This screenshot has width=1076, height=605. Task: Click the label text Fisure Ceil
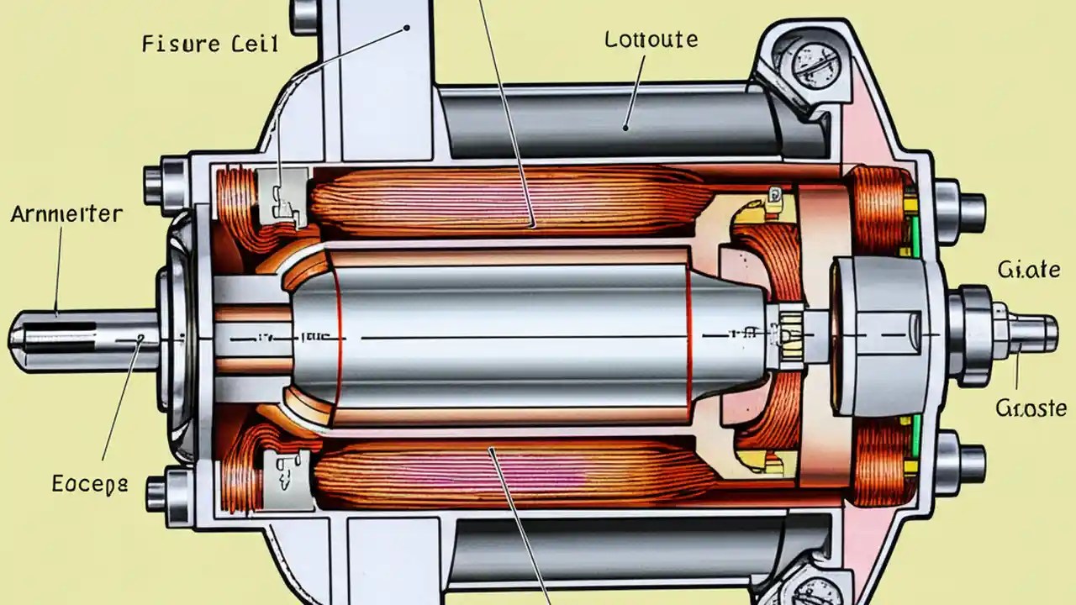point(210,44)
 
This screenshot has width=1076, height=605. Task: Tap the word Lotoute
point(651,39)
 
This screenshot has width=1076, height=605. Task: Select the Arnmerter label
point(66,214)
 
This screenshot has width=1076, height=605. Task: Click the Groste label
point(1031,408)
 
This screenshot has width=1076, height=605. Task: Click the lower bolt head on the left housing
point(159,494)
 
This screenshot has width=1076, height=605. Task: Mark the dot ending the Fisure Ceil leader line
point(408,27)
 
